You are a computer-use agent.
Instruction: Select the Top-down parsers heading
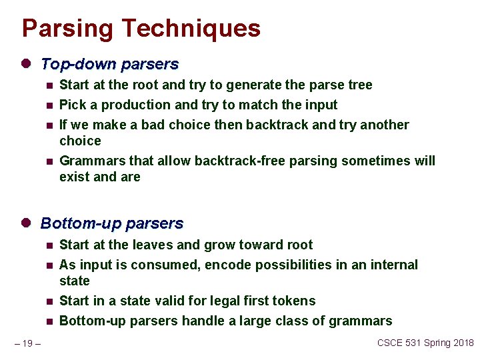[109, 65]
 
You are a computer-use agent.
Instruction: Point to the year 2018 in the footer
[461, 343]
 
